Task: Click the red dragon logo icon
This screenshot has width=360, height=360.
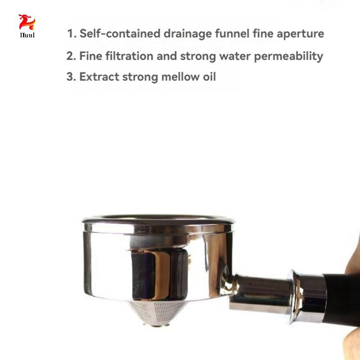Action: (x=27, y=22)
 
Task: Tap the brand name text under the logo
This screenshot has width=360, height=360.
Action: (x=27, y=35)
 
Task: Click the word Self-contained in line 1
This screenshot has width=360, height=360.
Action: (x=120, y=33)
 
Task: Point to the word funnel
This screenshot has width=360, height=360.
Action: (x=232, y=33)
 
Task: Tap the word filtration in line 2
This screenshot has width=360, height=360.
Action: (x=129, y=56)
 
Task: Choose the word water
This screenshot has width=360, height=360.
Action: (x=235, y=56)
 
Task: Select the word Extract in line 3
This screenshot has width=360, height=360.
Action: (x=99, y=76)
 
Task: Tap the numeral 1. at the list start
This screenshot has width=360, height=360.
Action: (x=72, y=33)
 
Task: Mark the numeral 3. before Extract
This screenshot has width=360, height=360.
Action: (x=71, y=76)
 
